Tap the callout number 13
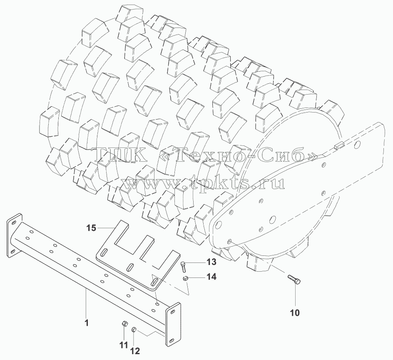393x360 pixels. [211, 262]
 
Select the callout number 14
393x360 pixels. [211, 277]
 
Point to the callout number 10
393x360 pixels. [295, 313]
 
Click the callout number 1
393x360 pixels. [87, 323]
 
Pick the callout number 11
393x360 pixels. [123, 345]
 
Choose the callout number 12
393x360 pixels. [135, 351]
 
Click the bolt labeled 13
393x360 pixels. [183, 267]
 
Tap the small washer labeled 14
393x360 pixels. [185, 278]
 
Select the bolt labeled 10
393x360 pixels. [294, 280]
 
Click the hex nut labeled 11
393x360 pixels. [124, 324]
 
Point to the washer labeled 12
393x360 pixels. [134, 329]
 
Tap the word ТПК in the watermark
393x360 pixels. [118, 155]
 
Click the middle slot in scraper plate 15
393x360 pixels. [131, 267]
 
